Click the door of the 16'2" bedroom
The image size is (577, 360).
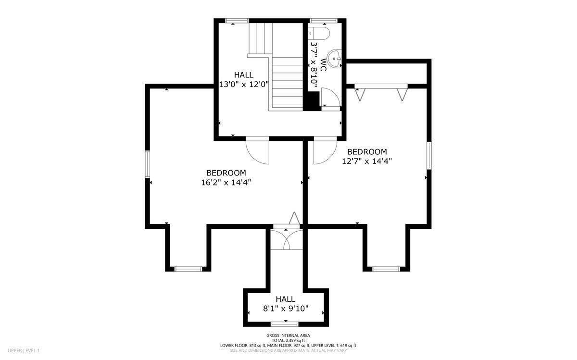(258, 150)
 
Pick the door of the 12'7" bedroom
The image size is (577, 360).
(323, 150)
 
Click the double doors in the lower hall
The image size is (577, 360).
(287, 239)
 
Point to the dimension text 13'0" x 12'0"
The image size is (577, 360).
(244, 84)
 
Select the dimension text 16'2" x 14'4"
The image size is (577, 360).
(226, 182)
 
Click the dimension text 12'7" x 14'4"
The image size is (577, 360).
(367, 161)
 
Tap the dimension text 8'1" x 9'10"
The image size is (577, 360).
(286, 309)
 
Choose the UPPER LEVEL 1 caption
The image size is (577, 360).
(24, 350)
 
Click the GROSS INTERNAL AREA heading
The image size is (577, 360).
(288, 335)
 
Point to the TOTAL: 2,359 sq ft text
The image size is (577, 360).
(288, 340)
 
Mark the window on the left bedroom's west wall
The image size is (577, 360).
(148, 164)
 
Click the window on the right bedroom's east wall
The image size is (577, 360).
(428, 155)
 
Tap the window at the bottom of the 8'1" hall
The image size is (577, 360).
(284, 324)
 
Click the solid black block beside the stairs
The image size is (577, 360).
(313, 101)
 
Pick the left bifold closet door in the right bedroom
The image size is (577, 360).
(360, 93)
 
